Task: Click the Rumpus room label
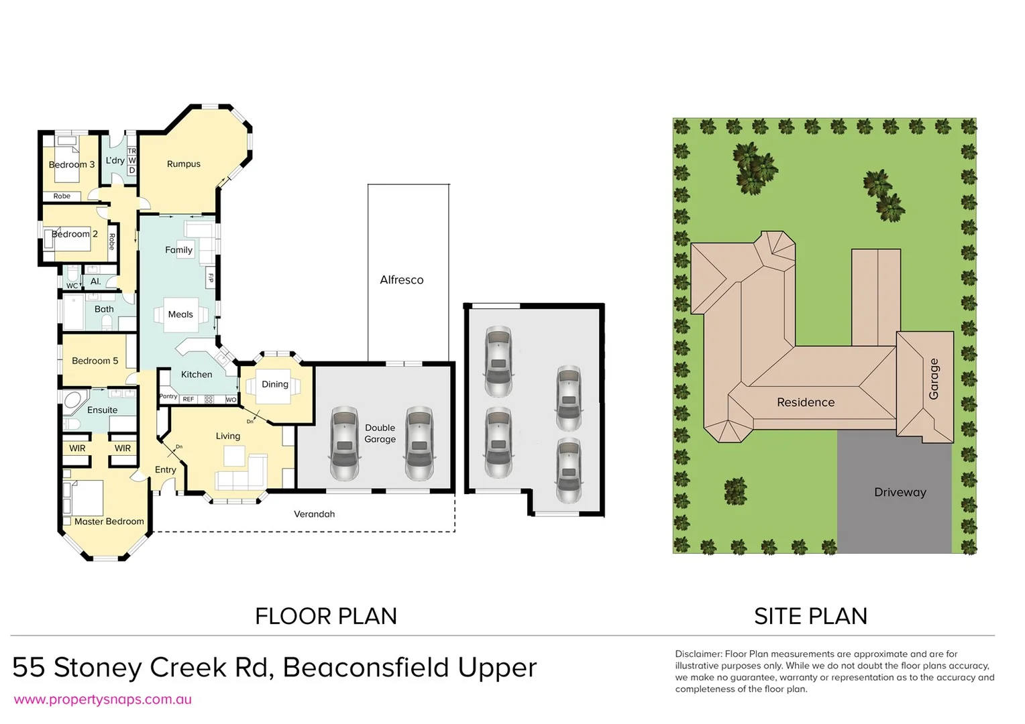click(183, 164)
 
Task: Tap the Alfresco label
click(401, 280)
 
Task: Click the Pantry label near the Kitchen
click(168, 396)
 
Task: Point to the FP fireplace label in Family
click(211, 278)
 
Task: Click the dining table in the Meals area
click(180, 314)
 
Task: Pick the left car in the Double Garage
click(343, 443)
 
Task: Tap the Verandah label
click(314, 514)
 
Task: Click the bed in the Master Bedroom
click(83, 497)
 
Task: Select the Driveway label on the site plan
click(900, 493)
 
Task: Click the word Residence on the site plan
click(805, 403)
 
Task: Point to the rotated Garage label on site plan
click(933, 379)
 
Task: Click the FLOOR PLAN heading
click(326, 616)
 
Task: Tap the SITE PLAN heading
click(810, 616)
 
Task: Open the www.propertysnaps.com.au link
click(103, 700)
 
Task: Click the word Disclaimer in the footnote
click(698, 654)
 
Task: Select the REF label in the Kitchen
click(188, 400)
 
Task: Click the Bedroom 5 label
click(95, 361)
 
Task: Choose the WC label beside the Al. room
click(72, 286)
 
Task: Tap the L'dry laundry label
click(115, 161)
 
